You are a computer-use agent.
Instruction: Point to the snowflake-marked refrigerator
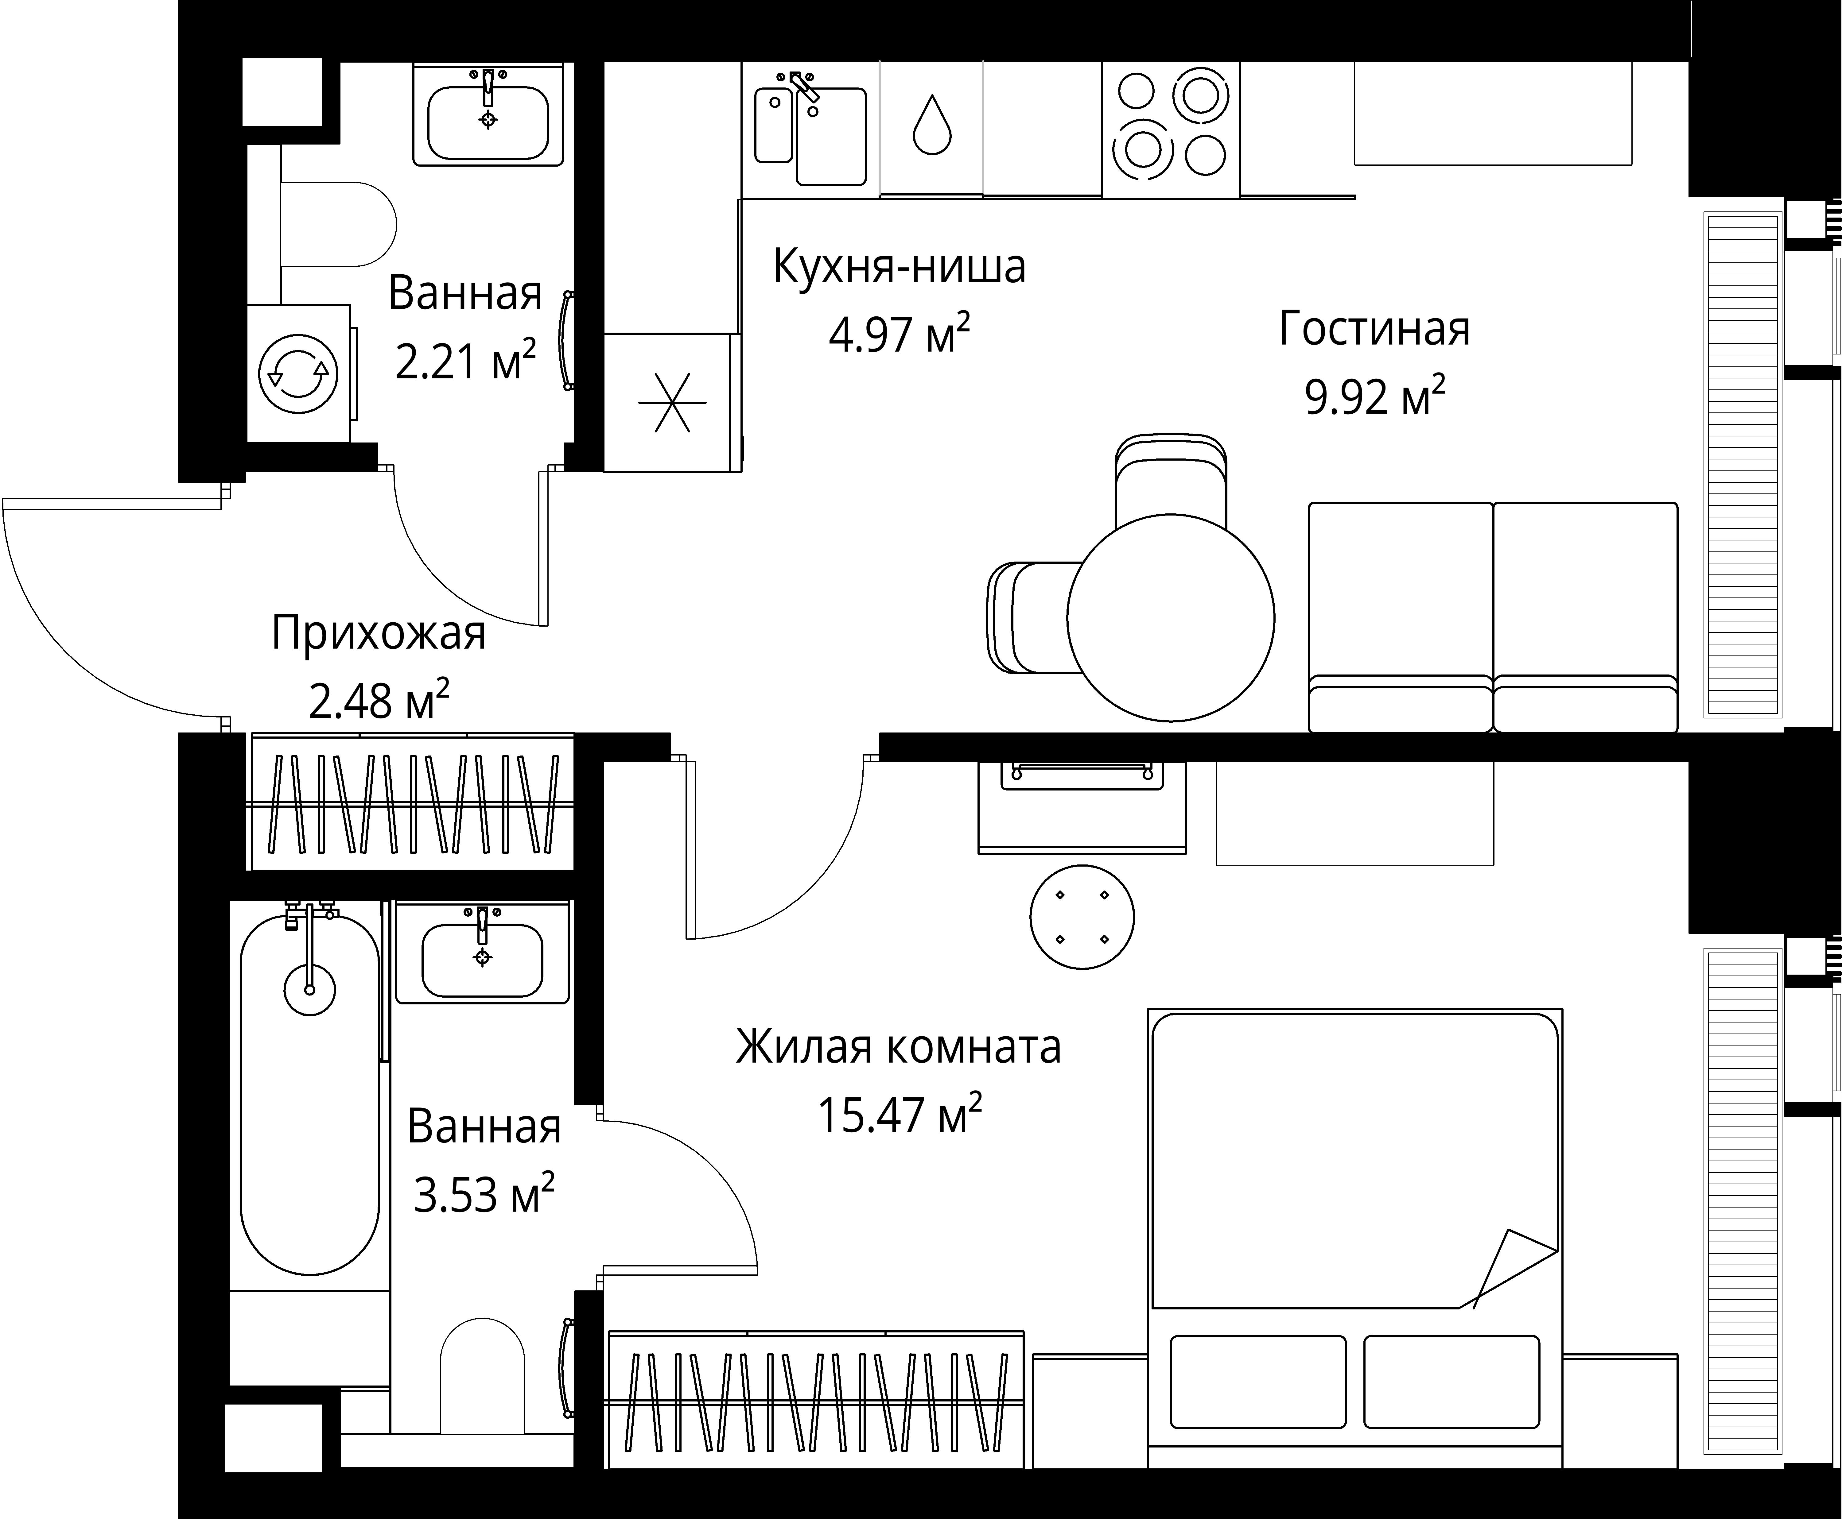coord(671,403)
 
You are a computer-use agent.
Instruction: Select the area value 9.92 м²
coord(1374,398)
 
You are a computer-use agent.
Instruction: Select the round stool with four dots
coord(1082,917)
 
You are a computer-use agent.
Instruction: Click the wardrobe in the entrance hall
coord(412,802)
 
